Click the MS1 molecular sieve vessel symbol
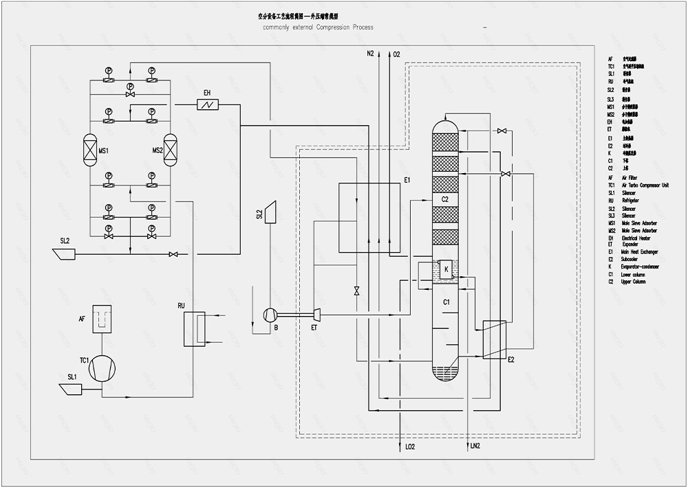88,149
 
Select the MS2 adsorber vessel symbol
170,149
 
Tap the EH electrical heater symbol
206,104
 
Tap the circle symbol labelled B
270,315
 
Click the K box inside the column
447,269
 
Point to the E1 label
407,180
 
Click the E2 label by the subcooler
511,359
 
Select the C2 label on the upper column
445,199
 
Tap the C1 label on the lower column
446,302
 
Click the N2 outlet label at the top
370,54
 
